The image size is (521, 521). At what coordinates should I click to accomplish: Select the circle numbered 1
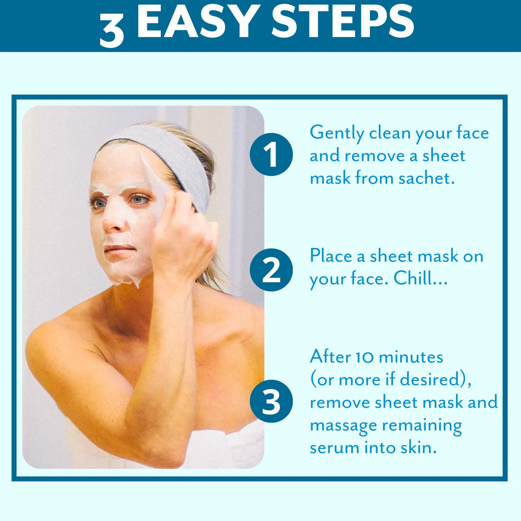[x=270, y=155]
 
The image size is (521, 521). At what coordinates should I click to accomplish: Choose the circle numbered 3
[x=270, y=403]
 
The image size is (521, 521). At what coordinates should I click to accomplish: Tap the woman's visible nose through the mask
[x=111, y=221]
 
